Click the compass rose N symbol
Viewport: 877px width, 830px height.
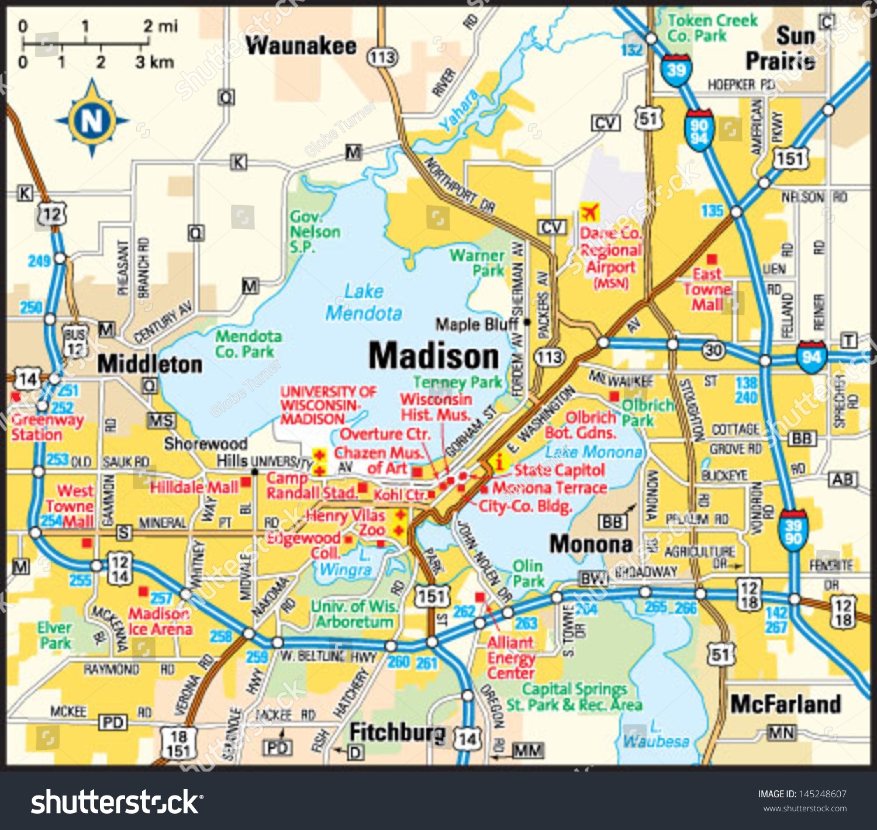[x=92, y=120]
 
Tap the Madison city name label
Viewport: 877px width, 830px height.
[x=433, y=356]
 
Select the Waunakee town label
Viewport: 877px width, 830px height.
[x=301, y=46]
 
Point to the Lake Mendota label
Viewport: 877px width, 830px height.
[x=364, y=302]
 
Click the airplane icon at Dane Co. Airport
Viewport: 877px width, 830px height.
[x=589, y=212]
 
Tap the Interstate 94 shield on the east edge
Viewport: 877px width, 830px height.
[x=811, y=356]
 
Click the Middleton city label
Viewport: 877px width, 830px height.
[x=150, y=364]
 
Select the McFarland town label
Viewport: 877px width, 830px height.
[x=785, y=704]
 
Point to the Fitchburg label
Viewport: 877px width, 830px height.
[x=397, y=732]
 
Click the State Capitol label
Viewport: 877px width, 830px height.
[x=559, y=470]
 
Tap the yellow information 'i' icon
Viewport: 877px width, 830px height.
[x=499, y=462]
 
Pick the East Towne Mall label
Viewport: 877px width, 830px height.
[x=707, y=289]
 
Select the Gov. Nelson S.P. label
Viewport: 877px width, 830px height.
[x=315, y=231]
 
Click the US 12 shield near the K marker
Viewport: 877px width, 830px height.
[x=51, y=215]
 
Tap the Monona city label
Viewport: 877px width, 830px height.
[x=591, y=544]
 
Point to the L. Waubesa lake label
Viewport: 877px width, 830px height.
[x=656, y=735]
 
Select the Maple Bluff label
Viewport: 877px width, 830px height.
[x=477, y=324]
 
